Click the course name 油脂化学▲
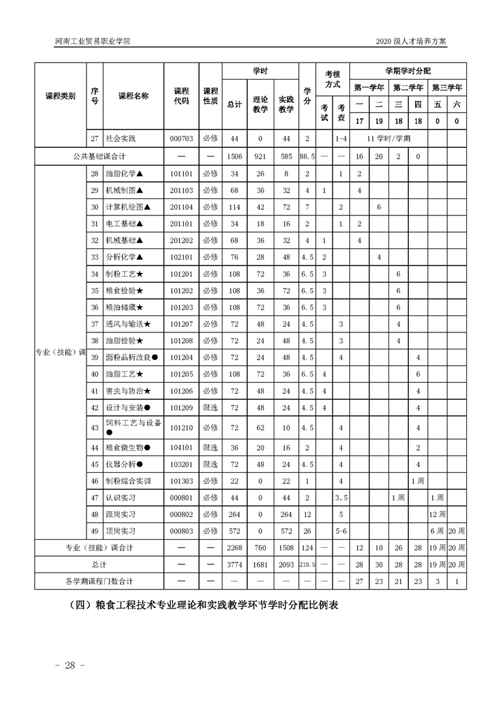tap(126, 174)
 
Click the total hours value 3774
tap(234, 564)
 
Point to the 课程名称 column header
tap(133, 96)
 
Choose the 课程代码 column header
tap(181, 96)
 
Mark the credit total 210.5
tap(307, 564)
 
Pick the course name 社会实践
tap(121, 138)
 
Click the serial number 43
tap(95, 428)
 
